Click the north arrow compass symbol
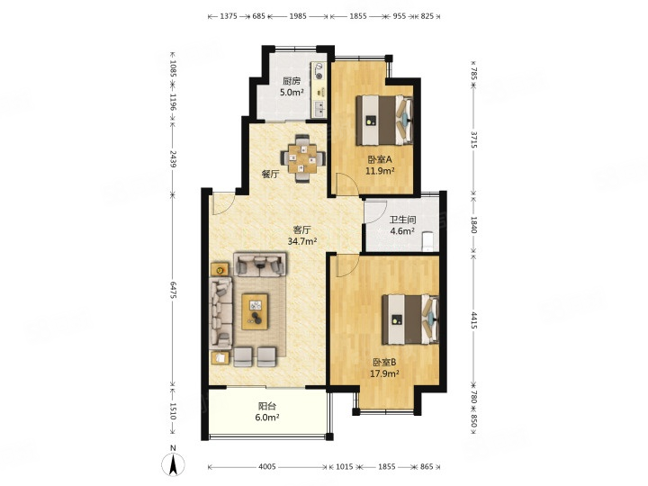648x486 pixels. (x=173, y=464)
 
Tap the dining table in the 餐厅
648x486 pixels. (x=302, y=157)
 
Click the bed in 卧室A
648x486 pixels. (x=384, y=120)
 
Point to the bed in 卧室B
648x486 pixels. (x=410, y=319)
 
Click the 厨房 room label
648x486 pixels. (x=292, y=81)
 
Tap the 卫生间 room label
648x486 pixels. (x=402, y=220)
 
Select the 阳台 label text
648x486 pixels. (x=267, y=406)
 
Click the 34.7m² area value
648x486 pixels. (x=302, y=241)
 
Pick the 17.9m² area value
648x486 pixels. (x=384, y=374)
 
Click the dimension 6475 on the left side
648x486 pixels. (x=173, y=290)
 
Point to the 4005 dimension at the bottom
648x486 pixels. (x=267, y=466)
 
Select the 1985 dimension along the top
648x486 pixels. (x=298, y=16)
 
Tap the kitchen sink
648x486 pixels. (x=319, y=109)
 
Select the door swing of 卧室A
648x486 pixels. (x=347, y=184)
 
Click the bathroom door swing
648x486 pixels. (x=375, y=211)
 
